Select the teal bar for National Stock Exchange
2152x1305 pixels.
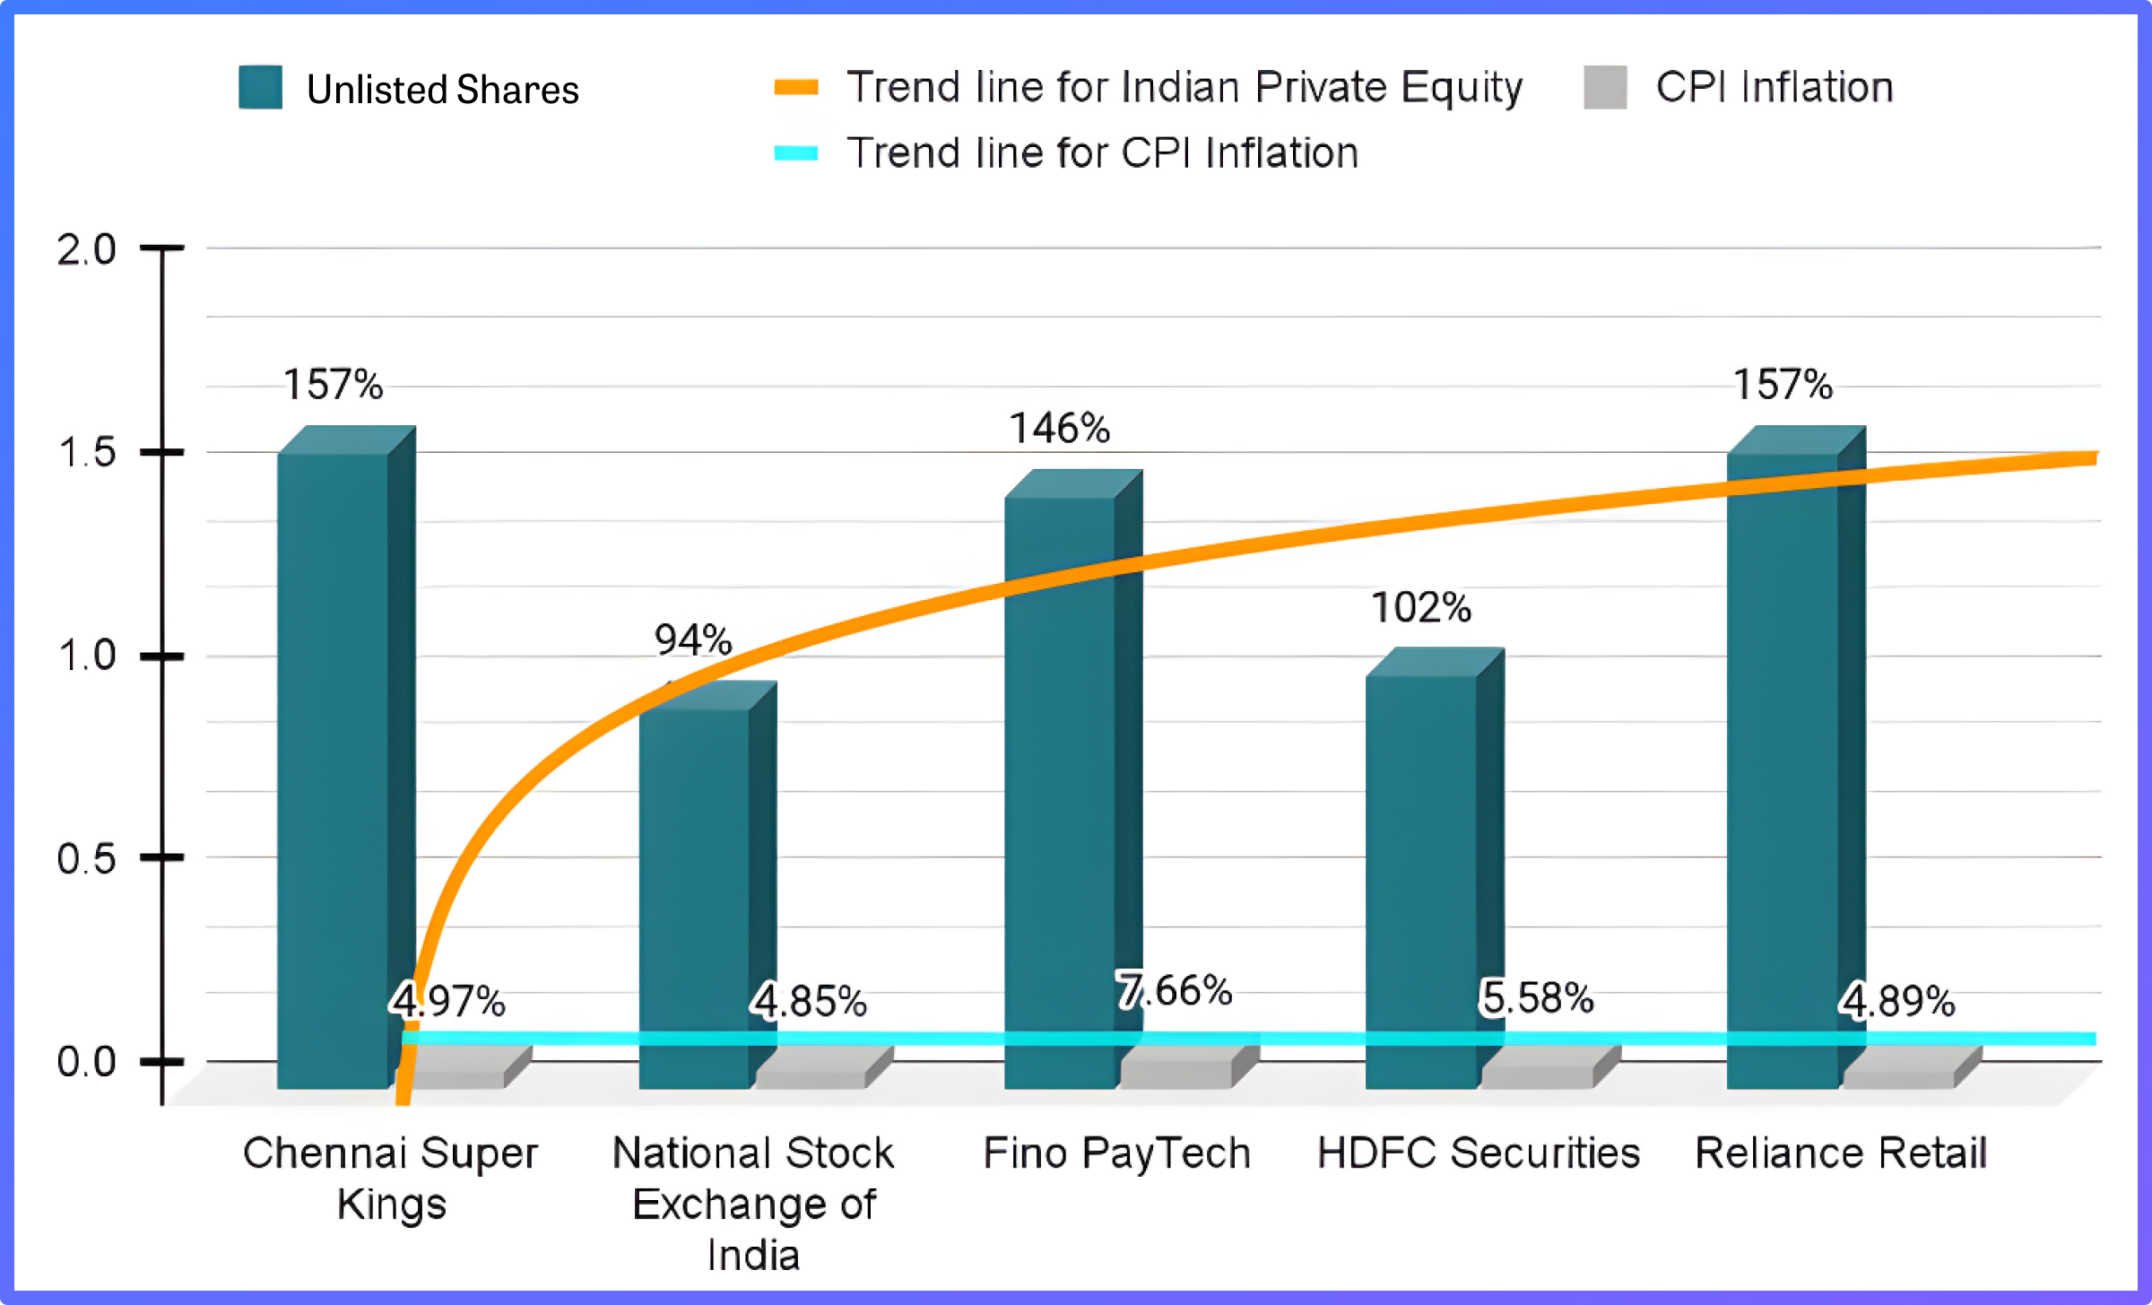click(694, 897)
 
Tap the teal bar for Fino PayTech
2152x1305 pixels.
click(1060, 789)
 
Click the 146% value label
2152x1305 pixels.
click(1060, 429)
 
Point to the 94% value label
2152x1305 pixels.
click(693, 640)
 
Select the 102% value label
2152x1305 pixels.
click(1421, 608)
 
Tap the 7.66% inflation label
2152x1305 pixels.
click(1175, 991)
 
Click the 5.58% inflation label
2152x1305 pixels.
click(1537, 998)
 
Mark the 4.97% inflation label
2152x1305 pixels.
click(448, 1001)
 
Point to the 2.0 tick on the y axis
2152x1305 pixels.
click(87, 249)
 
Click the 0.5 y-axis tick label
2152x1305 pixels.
click(87, 859)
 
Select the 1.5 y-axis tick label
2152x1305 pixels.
click(87, 453)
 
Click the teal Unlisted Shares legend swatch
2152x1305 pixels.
click(260, 87)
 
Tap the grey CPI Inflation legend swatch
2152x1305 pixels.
click(1605, 87)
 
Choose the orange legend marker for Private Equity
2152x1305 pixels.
click(796, 87)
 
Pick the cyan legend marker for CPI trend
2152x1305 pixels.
click(796, 152)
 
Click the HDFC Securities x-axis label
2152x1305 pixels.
click(1479, 1153)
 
